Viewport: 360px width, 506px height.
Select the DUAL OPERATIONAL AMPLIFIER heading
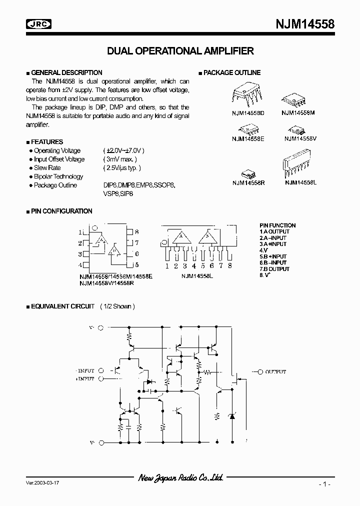(180, 51)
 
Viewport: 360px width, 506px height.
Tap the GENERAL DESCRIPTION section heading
(66, 72)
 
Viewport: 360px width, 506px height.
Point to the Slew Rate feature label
(47, 168)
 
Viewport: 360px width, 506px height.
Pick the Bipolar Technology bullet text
(58, 176)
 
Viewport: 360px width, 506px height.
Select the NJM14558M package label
(298, 113)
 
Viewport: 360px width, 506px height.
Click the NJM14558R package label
(248, 183)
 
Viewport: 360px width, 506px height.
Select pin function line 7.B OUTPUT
(274, 269)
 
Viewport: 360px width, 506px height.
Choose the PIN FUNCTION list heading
(277, 225)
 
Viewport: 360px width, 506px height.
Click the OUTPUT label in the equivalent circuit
(275, 372)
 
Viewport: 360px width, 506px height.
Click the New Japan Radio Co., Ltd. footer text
(180, 478)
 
